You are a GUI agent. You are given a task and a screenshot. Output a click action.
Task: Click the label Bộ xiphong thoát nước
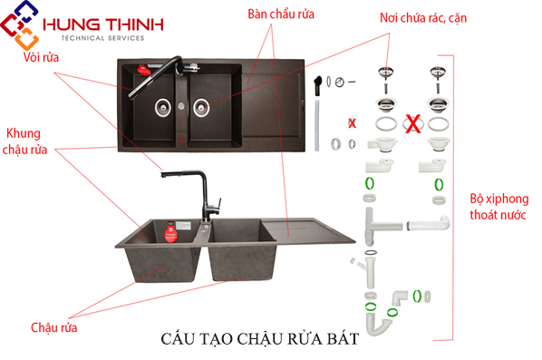tap(498, 207)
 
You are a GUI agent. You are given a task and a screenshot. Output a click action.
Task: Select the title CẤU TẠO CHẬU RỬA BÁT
tap(259, 338)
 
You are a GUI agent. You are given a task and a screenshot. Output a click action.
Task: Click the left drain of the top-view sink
tap(162, 105)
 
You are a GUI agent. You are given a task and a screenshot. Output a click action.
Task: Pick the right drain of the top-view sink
tap(201, 106)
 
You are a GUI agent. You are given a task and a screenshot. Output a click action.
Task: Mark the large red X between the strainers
tap(411, 123)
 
